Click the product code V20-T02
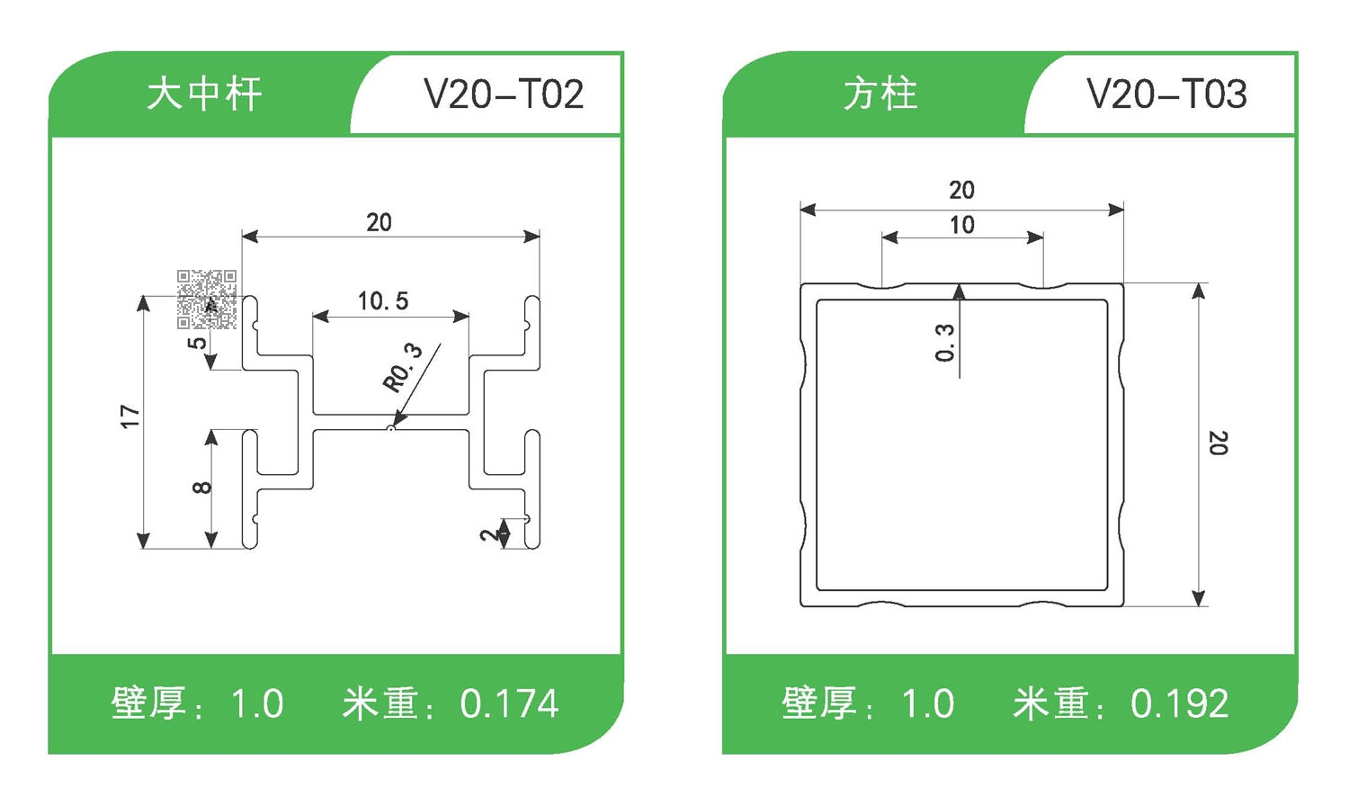point(504,94)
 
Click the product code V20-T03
point(1166,94)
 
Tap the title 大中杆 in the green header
point(204,94)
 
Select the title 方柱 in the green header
point(880,94)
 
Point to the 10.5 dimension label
point(383,300)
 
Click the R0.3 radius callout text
point(403,367)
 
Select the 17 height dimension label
point(130,416)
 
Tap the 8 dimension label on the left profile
point(202,488)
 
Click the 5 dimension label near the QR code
point(197,343)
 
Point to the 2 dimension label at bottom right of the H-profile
point(487,534)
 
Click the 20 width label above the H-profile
point(379,222)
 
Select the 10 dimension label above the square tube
point(962,225)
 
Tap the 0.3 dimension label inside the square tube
point(944,343)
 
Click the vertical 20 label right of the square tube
point(1218,443)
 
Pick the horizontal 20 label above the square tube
point(961,190)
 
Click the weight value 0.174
point(509,703)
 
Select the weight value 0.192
point(1179,703)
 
